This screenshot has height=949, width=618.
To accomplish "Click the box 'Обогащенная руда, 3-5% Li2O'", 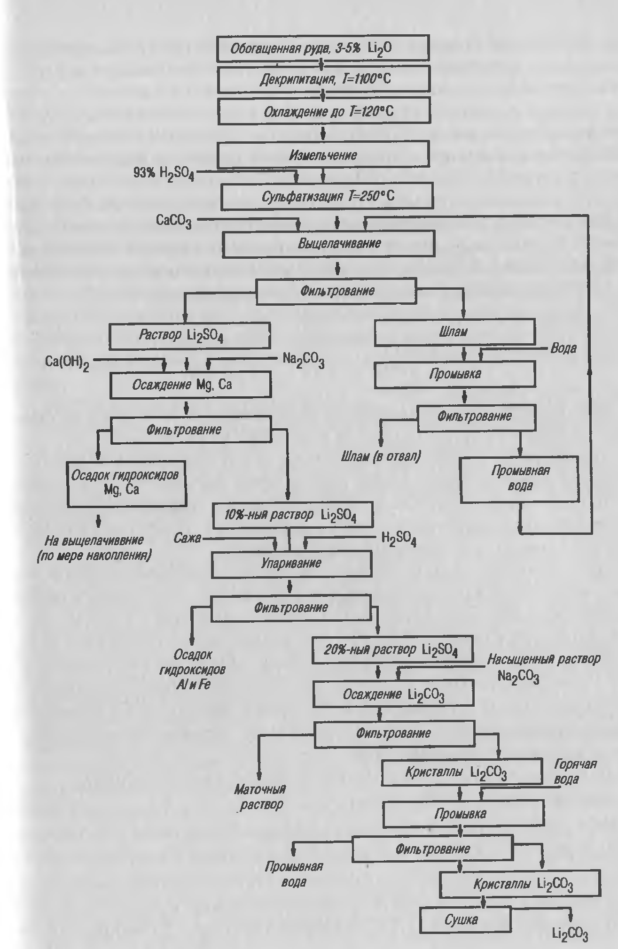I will [x=322, y=48].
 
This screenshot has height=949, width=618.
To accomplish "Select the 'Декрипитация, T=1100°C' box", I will [x=324, y=79].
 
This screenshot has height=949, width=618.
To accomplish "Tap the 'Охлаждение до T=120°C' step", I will [x=324, y=111].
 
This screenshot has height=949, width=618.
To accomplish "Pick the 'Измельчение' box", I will [x=323, y=154].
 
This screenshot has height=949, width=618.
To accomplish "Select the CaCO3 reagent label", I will [x=173, y=220].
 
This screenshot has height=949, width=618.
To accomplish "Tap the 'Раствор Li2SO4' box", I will [x=189, y=335].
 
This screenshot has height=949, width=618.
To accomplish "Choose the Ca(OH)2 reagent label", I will [x=67, y=362].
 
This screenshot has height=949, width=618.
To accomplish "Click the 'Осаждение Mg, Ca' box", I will [x=190, y=386].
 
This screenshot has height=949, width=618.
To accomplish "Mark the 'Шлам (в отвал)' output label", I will [x=381, y=456].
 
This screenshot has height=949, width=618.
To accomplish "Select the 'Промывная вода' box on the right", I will [x=519, y=479].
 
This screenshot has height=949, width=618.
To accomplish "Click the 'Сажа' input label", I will [x=187, y=538].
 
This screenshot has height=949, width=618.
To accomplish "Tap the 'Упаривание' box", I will [x=291, y=563].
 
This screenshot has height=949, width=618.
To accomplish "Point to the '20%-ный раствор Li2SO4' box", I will [x=392, y=650].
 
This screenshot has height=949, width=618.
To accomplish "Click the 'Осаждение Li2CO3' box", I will [x=393, y=694].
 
